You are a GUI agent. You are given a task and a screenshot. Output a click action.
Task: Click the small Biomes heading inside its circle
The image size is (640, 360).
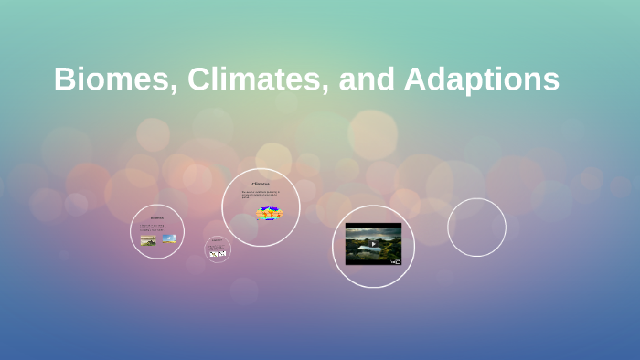click(x=157, y=217)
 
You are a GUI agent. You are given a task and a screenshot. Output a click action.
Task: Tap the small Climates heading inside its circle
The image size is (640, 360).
click(x=261, y=185)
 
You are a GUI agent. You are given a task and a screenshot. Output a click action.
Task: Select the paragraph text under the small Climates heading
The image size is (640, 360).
click(x=260, y=195)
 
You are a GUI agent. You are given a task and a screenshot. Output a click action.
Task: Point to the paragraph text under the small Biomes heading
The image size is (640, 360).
click(x=156, y=227)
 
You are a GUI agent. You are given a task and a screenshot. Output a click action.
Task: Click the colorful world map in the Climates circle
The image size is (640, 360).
click(x=270, y=213)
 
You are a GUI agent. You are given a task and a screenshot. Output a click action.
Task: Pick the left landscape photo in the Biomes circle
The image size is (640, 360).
click(x=148, y=240)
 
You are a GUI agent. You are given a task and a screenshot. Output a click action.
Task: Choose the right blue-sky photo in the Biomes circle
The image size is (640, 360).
click(x=169, y=238)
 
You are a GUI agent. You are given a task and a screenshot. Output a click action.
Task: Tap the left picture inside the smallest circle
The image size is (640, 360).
click(x=214, y=254)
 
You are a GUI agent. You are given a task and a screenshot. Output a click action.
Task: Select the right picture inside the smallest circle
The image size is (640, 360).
click(x=222, y=254)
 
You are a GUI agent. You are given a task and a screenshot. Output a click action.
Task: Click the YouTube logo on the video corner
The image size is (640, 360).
click(x=396, y=261)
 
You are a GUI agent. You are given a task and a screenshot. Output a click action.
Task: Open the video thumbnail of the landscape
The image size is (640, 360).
click(x=373, y=243)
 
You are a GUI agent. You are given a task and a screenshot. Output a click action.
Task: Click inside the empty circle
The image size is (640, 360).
click(x=476, y=227)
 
